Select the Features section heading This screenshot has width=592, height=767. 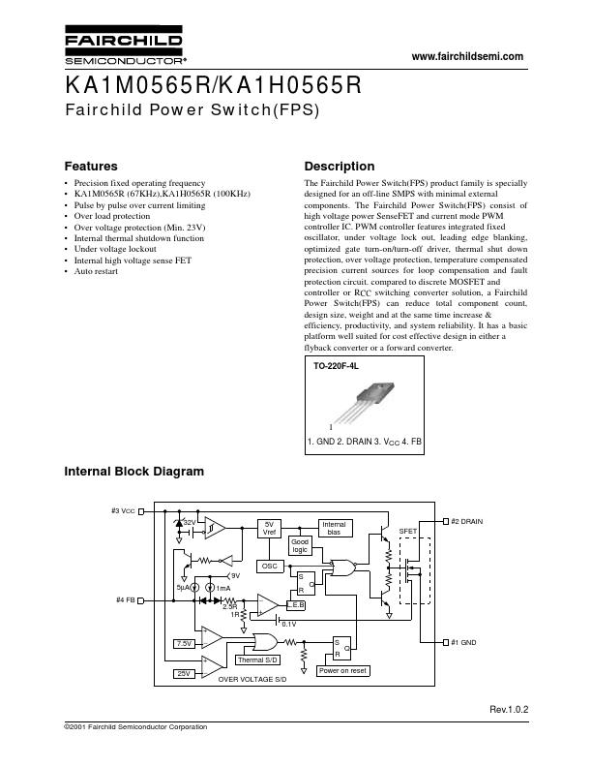pos(90,166)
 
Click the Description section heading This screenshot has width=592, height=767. pos(339,166)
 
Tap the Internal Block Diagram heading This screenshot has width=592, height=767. pos(133,472)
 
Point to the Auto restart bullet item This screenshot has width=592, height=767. pos(97,270)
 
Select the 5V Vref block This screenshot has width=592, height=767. pos(270,529)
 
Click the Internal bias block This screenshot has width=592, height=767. pos(333,529)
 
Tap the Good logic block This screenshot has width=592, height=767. pos(301,546)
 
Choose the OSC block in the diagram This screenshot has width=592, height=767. pos(269,566)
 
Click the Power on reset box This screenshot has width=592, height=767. pos(342,670)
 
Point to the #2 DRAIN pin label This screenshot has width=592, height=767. pos(466,521)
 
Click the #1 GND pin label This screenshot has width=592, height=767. pos(463,642)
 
